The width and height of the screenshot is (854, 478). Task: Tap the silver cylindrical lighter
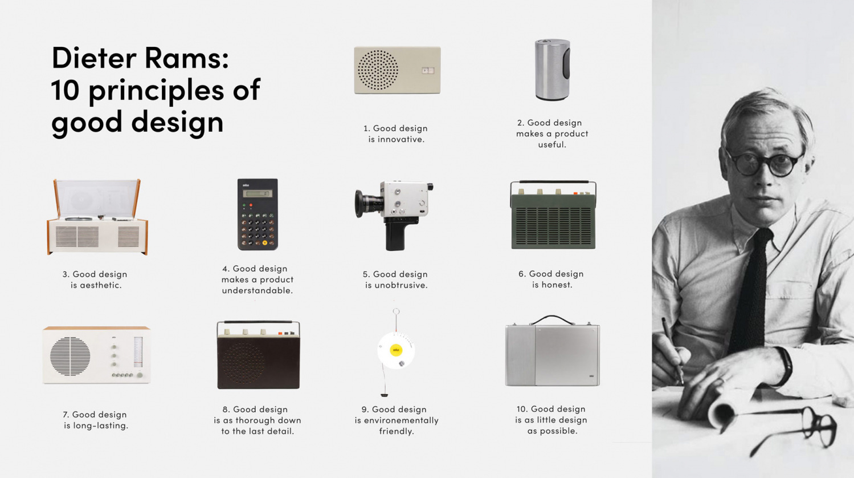click(553, 70)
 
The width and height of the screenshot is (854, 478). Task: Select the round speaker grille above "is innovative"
click(378, 70)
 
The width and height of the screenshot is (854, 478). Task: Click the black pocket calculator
click(258, 214)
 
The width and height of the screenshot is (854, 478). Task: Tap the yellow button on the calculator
click(264, 242)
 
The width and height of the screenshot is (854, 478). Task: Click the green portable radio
click(553, 215)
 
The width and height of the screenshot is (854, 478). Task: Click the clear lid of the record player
click(97, 198)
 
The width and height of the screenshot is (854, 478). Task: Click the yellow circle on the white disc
click(396, 350)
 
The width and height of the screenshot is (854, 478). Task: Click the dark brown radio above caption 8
click(259, 355)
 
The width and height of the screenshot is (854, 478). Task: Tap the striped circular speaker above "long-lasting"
click(70, 356)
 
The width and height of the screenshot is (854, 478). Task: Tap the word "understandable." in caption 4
click(258, 290)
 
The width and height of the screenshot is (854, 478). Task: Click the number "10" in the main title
click(65, 90)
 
